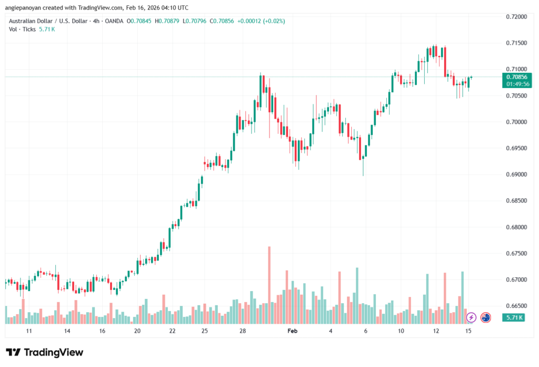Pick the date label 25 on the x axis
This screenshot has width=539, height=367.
204,331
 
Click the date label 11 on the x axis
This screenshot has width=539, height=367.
29,331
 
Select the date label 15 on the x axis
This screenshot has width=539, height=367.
467,331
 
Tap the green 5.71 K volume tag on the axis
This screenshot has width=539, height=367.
513,318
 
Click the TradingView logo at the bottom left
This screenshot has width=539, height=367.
44,352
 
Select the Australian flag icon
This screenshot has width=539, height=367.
485,317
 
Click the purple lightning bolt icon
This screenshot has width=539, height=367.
471,317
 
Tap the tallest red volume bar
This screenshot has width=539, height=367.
269,285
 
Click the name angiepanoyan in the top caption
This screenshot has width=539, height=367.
23,7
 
